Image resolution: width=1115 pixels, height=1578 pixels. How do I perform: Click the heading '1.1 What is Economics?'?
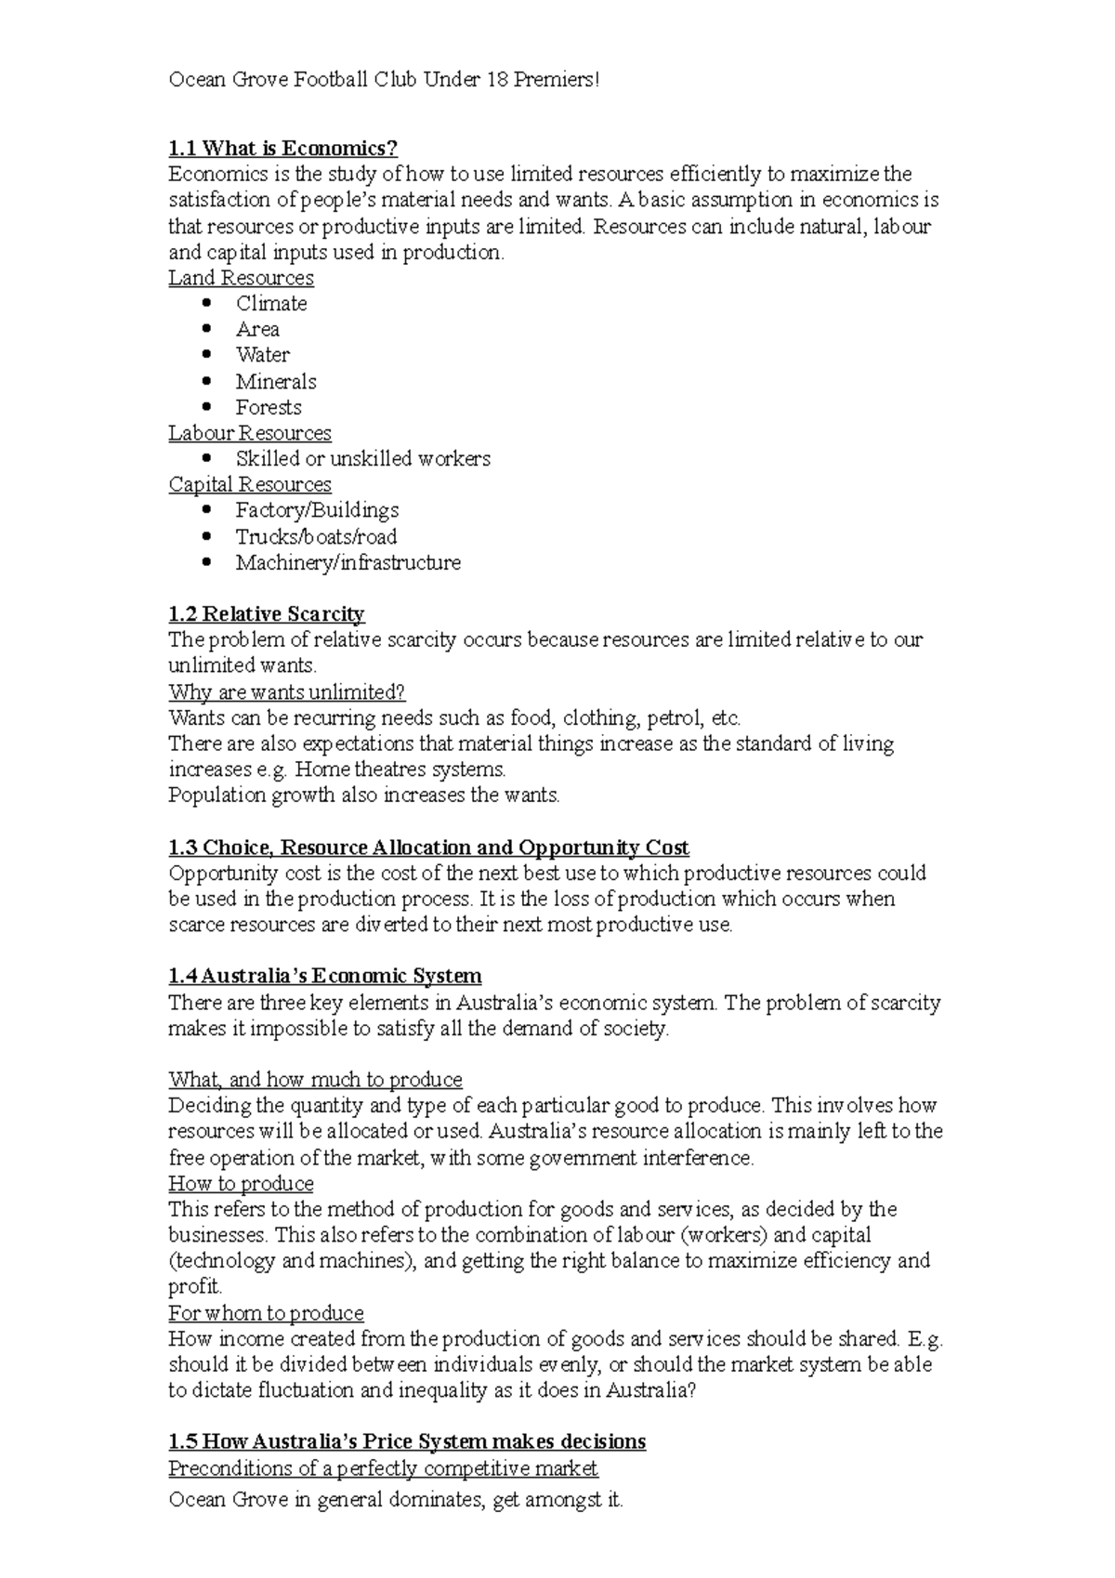(x=282, y=148)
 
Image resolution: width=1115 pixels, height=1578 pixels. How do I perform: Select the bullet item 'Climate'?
(x=270, y=303)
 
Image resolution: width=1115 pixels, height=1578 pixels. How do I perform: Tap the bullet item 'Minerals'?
(x=275, y=381)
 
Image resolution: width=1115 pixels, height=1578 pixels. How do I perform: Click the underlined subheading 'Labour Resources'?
(x=249, y=433)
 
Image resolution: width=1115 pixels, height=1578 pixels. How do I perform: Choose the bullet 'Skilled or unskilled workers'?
(x=362, y=458)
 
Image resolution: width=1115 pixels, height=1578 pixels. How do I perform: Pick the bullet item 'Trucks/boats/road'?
(x=316, y=536)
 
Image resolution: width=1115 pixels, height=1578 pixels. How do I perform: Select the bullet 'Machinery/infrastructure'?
(x=348, y=562)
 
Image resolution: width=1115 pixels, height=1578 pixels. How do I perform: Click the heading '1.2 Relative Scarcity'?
(x=266, y=613)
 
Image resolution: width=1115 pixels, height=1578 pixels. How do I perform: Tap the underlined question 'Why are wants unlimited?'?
(x=287, y=692)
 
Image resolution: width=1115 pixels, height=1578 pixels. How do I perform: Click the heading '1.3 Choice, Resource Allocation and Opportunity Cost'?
(x=428, y=848)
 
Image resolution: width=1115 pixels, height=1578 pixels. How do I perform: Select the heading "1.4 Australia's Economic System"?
(x=324, y=976)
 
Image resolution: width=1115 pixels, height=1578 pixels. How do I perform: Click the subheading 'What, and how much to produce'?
(x=315, y=1079)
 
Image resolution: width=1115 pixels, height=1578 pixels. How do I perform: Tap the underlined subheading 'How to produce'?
(x=241, y=1183)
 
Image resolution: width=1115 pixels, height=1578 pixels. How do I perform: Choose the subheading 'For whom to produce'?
(x=266, y=1313)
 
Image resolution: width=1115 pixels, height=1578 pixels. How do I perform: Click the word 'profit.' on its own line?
(x=195, y=1287)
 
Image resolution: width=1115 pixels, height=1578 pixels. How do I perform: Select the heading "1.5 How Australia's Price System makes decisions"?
(x=406, y=1441)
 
